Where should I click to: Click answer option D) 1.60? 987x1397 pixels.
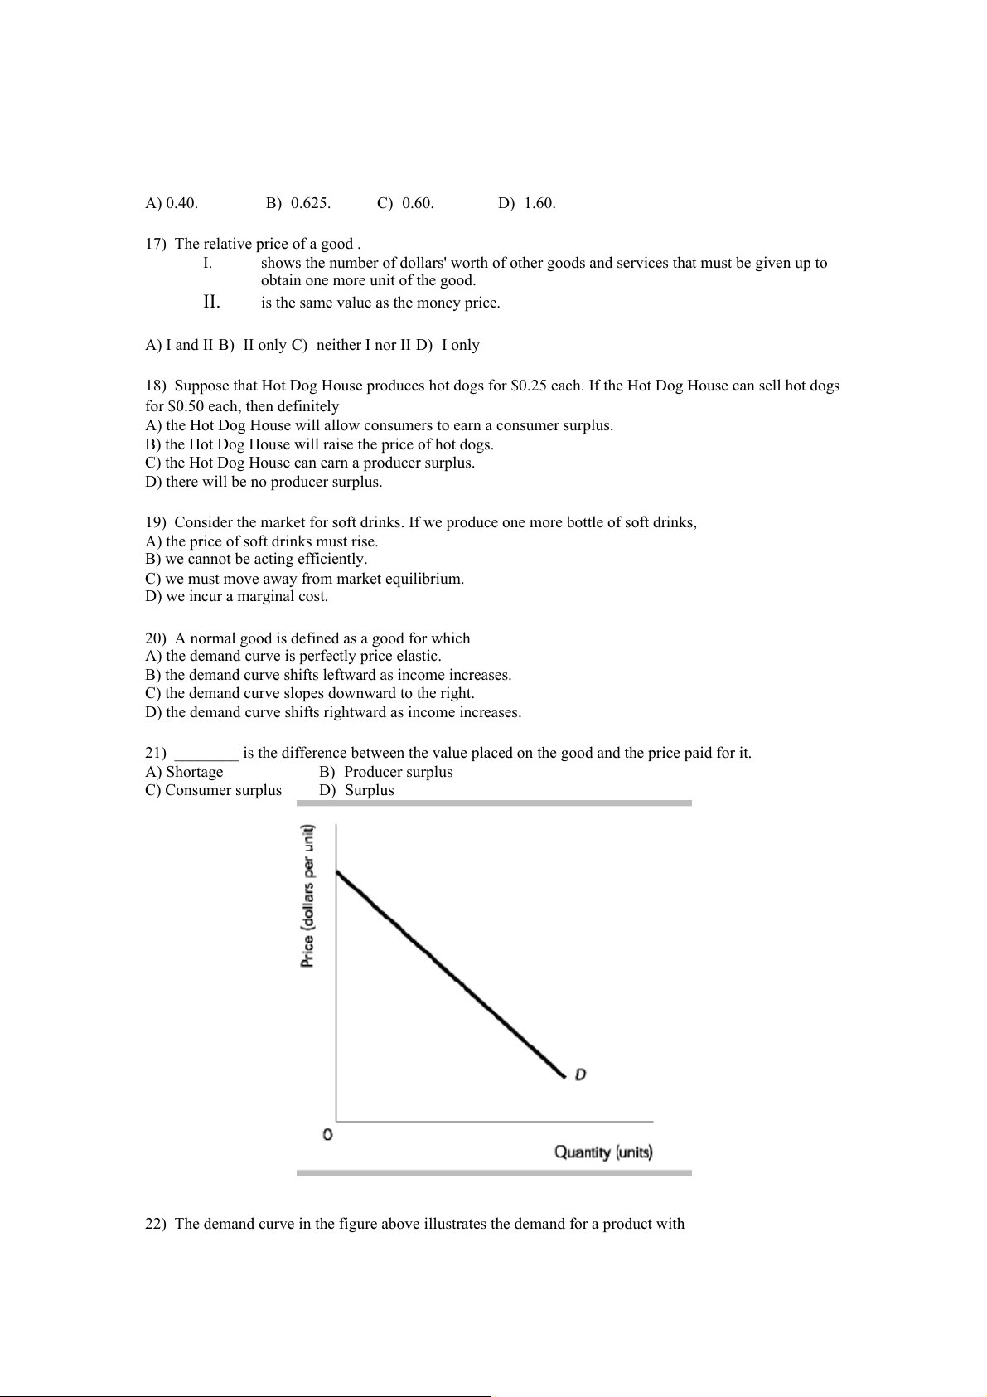click(x=527, y=203)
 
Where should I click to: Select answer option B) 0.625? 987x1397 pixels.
click(x=298, y=203)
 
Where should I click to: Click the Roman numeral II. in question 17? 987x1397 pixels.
click(x=211, y=302)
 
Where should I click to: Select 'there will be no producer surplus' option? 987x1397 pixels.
click(x=264, y=482)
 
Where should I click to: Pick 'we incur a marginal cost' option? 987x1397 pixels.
click(x=236, y=596)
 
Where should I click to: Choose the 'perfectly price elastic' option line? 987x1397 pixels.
click(x=293, y=656)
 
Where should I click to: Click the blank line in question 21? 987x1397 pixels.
click(x=207, y=754)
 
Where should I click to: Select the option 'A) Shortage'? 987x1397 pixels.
click(x=184, y=772)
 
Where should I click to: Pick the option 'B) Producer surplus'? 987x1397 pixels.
click(x=386, y=772)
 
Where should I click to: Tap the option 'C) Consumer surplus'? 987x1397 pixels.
click(x=213, y=790)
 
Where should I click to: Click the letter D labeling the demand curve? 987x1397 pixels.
click(x=581, y=1074)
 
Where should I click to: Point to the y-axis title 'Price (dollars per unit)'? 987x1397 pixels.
click(x=308, y=896)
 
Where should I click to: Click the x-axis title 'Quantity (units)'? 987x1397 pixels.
click(x=603, y=1152)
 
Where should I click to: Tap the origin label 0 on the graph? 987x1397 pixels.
click(x=327, y=1134)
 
